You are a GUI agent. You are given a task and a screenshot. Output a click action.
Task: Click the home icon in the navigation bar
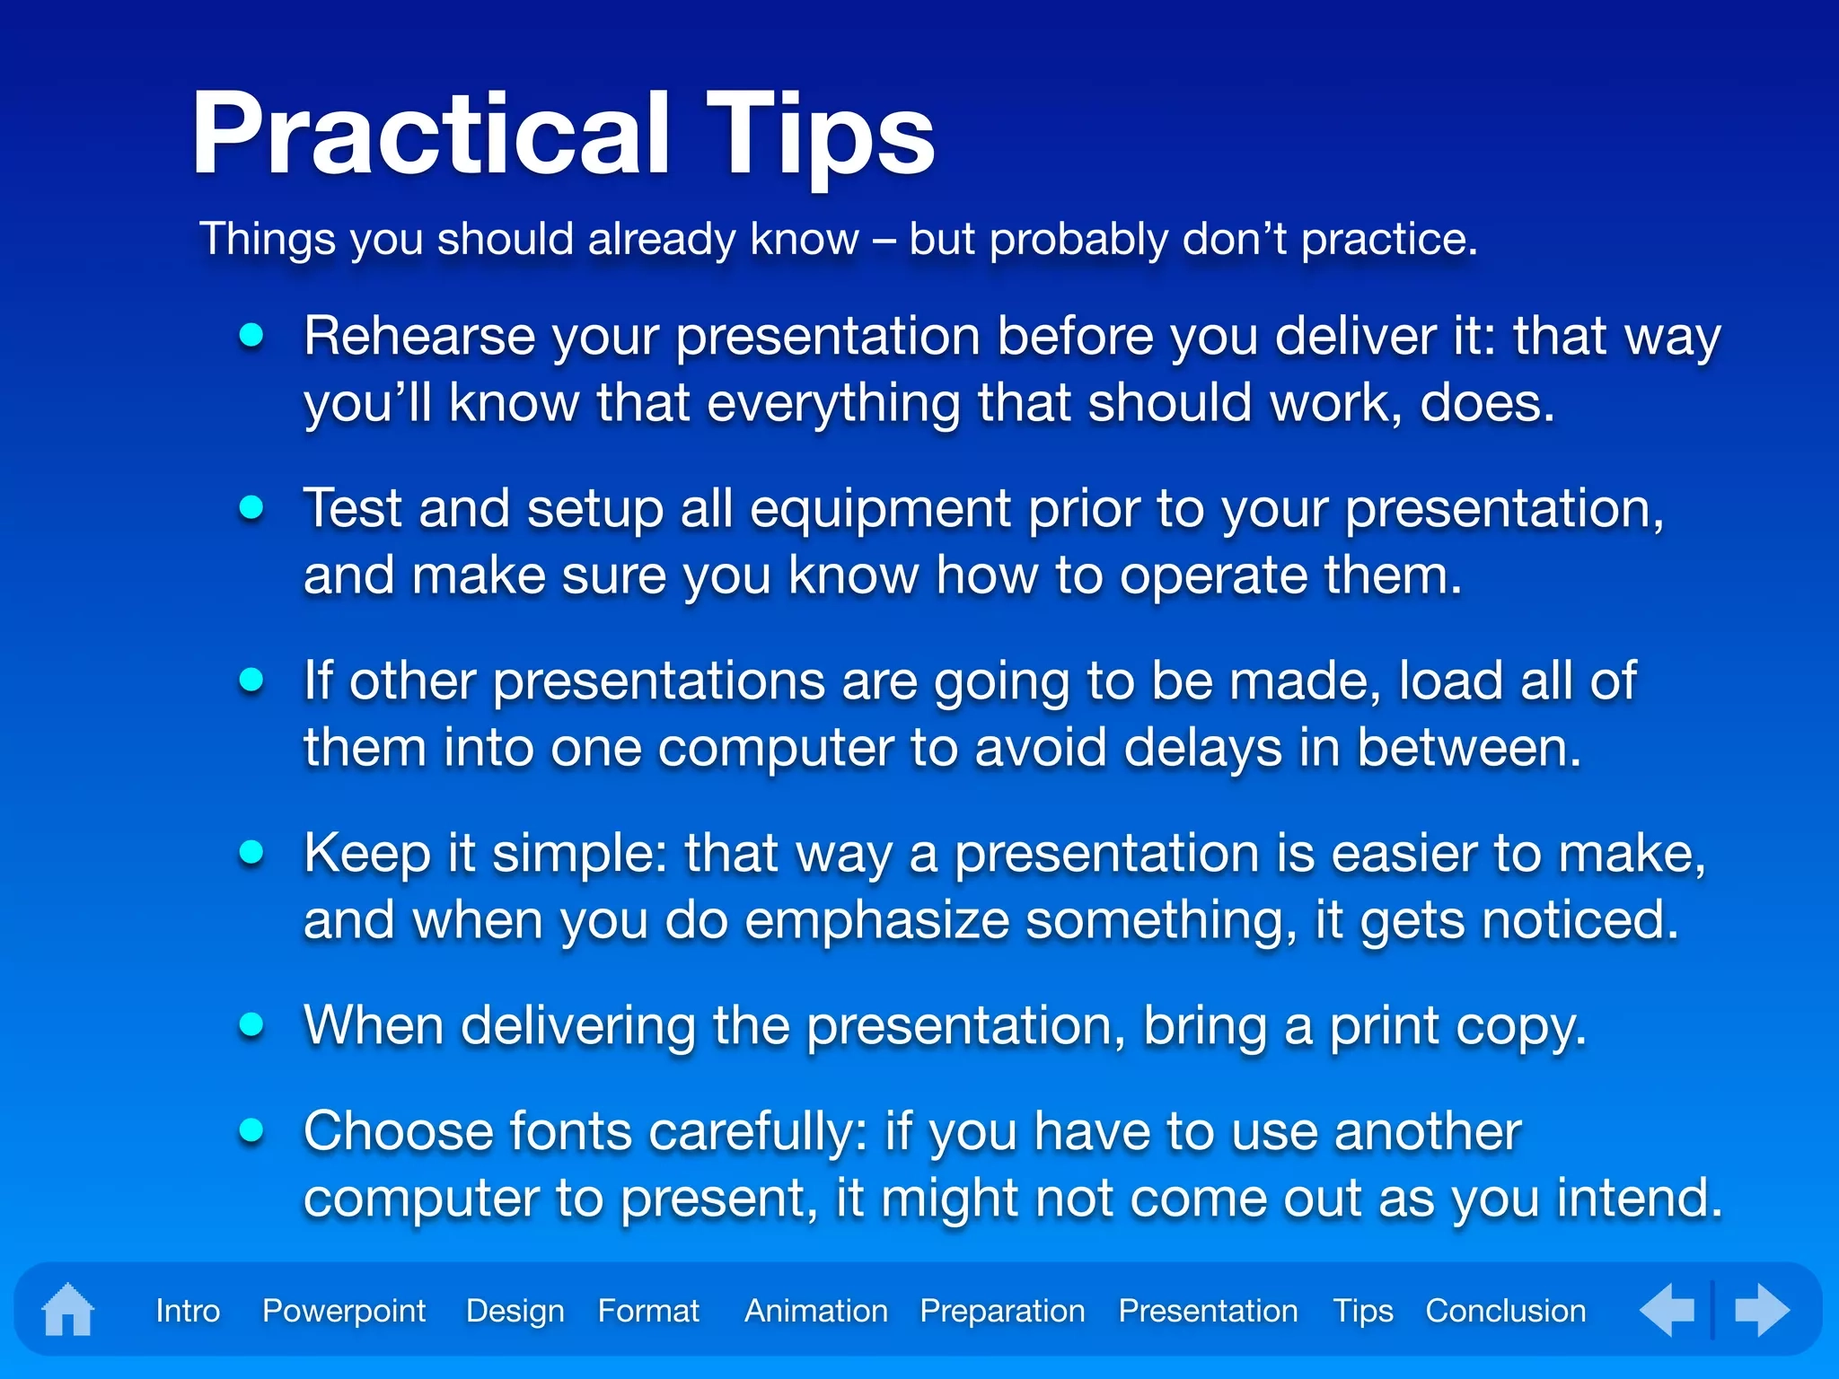(68, 1310)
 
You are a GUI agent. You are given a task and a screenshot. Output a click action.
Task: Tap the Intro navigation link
(188, 1311)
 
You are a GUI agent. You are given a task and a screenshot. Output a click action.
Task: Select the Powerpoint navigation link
(344, 1312)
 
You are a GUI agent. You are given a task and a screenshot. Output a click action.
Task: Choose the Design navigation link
(515, 1312)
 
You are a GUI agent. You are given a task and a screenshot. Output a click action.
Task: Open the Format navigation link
(648, 1311)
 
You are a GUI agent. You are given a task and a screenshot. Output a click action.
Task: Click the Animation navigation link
(816, 1311)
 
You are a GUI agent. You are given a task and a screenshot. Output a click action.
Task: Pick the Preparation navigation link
(1003, 1312)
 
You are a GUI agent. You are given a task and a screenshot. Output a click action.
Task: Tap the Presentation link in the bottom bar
(1209, 1311)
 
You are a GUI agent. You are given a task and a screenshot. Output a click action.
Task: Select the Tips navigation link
(1363, 1312)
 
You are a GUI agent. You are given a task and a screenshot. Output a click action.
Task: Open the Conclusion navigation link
(1506, 1311)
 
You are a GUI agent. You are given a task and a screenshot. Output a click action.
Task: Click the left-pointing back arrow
(1667, 1310)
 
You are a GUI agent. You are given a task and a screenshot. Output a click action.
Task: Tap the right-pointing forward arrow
(1763, 1310)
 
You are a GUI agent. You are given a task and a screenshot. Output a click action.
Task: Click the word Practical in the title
(432, 134)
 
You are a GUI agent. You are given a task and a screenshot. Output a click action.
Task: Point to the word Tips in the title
(820, 139)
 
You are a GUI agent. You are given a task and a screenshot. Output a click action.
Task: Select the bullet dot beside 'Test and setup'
(252, 508)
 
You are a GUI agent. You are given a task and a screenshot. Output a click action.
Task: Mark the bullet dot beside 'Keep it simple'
(252, 852)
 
